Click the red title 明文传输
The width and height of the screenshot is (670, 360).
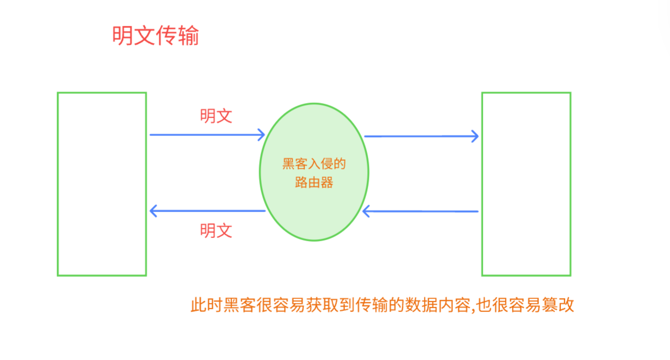155,36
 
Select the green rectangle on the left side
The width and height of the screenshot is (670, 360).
101,184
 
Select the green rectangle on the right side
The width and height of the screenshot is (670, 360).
526,184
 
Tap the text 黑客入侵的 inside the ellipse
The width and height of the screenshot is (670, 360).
314,164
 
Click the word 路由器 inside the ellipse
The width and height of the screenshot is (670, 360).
314,182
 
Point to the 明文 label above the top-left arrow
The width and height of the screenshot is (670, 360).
216,116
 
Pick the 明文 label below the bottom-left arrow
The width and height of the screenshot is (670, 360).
216,230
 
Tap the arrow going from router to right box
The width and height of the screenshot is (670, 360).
421,136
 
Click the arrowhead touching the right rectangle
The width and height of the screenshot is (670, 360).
475,136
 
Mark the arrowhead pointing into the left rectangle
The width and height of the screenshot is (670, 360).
153,211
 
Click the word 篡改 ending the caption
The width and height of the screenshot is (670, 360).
558,305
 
